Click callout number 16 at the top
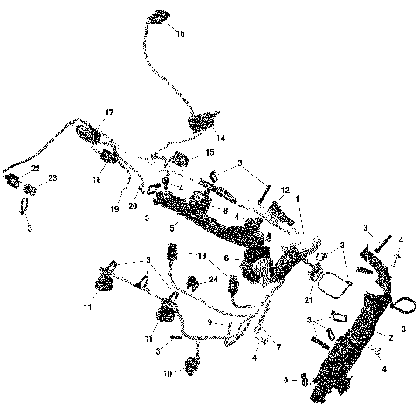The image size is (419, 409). [180, 34]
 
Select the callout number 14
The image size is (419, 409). [221, 138]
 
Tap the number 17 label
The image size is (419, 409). [110, 113]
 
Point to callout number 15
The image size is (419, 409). [209, 153]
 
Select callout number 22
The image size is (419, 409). [35, 168]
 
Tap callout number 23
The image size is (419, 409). [52, 177]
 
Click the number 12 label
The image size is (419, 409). [285, 190]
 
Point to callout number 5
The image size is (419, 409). [172, 227]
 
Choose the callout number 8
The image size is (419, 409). [225, 211]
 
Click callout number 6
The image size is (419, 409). [226, 259]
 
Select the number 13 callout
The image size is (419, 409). [203, 257]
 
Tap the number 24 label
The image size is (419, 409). [213, 281]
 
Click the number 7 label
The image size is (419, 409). [279, 348]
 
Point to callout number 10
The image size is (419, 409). [168, 372]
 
